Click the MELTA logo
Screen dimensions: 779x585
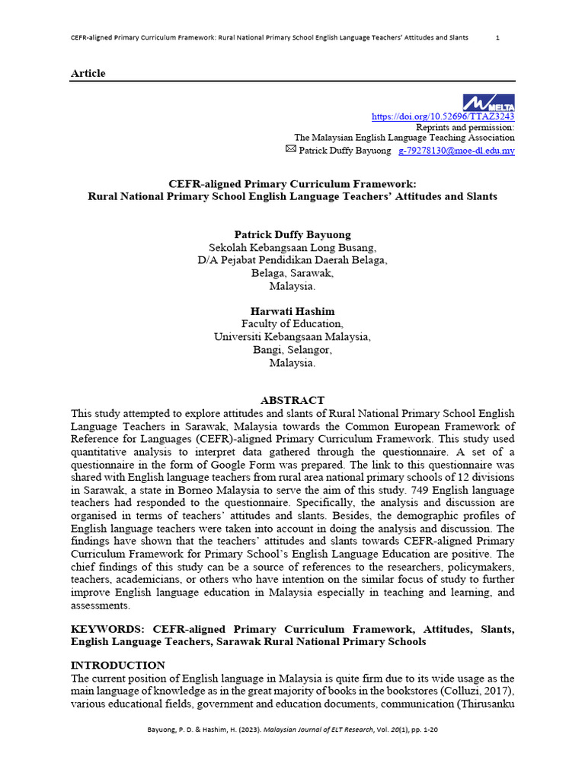(x=488, y=103)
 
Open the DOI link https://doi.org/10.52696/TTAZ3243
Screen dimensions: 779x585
(x=443, y=116)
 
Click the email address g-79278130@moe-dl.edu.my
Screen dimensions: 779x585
(x=456, y=151)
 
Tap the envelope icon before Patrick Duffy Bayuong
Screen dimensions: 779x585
(x=290, y=150)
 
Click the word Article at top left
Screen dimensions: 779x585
(x=88, y=73)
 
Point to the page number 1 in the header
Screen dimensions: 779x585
(x=497, y=37)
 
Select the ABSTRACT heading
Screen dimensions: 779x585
(x=292, y=400)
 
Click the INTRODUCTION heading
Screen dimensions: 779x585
(x=117, y=665)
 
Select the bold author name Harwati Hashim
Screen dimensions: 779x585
(x=292, y=311)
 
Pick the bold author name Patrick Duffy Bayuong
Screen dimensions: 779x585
(x=292, y=234)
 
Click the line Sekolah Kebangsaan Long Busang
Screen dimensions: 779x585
(x=292, y=247)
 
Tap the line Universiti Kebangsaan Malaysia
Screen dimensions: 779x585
(x=292, y=337)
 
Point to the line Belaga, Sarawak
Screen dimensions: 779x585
(x=292, y=273)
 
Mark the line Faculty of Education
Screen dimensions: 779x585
(x=292, y=324)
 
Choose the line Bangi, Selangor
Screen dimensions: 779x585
(x=292, y=350)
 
